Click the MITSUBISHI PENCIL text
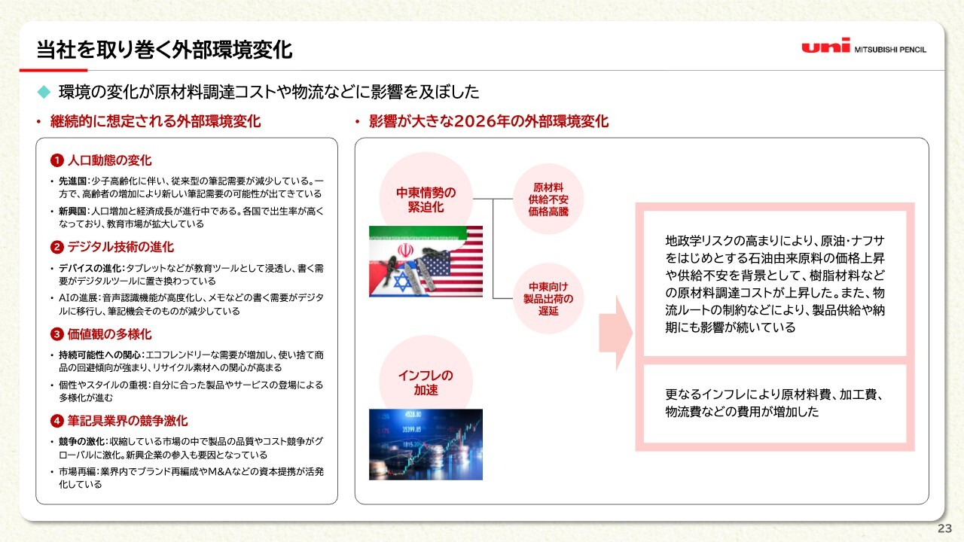click(x=890, y=50)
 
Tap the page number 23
click(x=944, y=528)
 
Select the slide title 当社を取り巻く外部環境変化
click(x=164, y=50)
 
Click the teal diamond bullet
click(x=44, y=92)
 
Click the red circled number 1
click(x=56, y=160)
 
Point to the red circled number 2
click(x=56, y=248)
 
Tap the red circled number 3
click(x=56, y=334)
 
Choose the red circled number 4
click(x=56, y=421)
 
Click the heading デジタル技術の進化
click(x=121, y=247)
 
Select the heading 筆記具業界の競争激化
click(x=127, y=421)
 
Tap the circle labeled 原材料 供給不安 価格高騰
click(x=548, y=199)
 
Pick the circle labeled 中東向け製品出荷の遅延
click(x=548, y=298)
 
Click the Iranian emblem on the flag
click(x=405, y=251)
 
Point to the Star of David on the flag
click(x=401, y=281)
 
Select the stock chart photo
click(x=426, y=444)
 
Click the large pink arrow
click(x=616, y=333)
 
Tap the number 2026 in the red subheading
click(x=474, y=121)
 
